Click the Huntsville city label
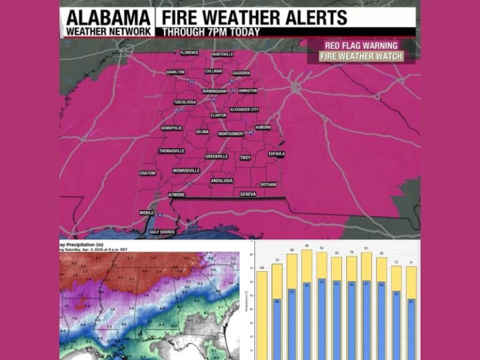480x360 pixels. (222, 54)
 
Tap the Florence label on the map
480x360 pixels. (189, 52)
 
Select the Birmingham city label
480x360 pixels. (214, 91)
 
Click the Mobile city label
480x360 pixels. (146, 212)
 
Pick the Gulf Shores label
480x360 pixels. (162, 231)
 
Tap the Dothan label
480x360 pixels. (268, 184)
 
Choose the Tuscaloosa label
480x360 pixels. (185, 102)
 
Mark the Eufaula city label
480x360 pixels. (277, 154)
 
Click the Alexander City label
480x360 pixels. (244, 109)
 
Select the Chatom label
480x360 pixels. (147, 173)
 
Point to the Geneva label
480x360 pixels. (249, 194)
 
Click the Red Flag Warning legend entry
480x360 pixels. (361, 46)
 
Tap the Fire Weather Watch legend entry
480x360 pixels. (361, 56)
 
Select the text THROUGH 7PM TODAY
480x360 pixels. (211, 32)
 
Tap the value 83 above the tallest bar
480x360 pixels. (306, 246)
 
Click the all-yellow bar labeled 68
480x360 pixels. (262, 312)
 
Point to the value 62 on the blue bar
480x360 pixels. (321, 282)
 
